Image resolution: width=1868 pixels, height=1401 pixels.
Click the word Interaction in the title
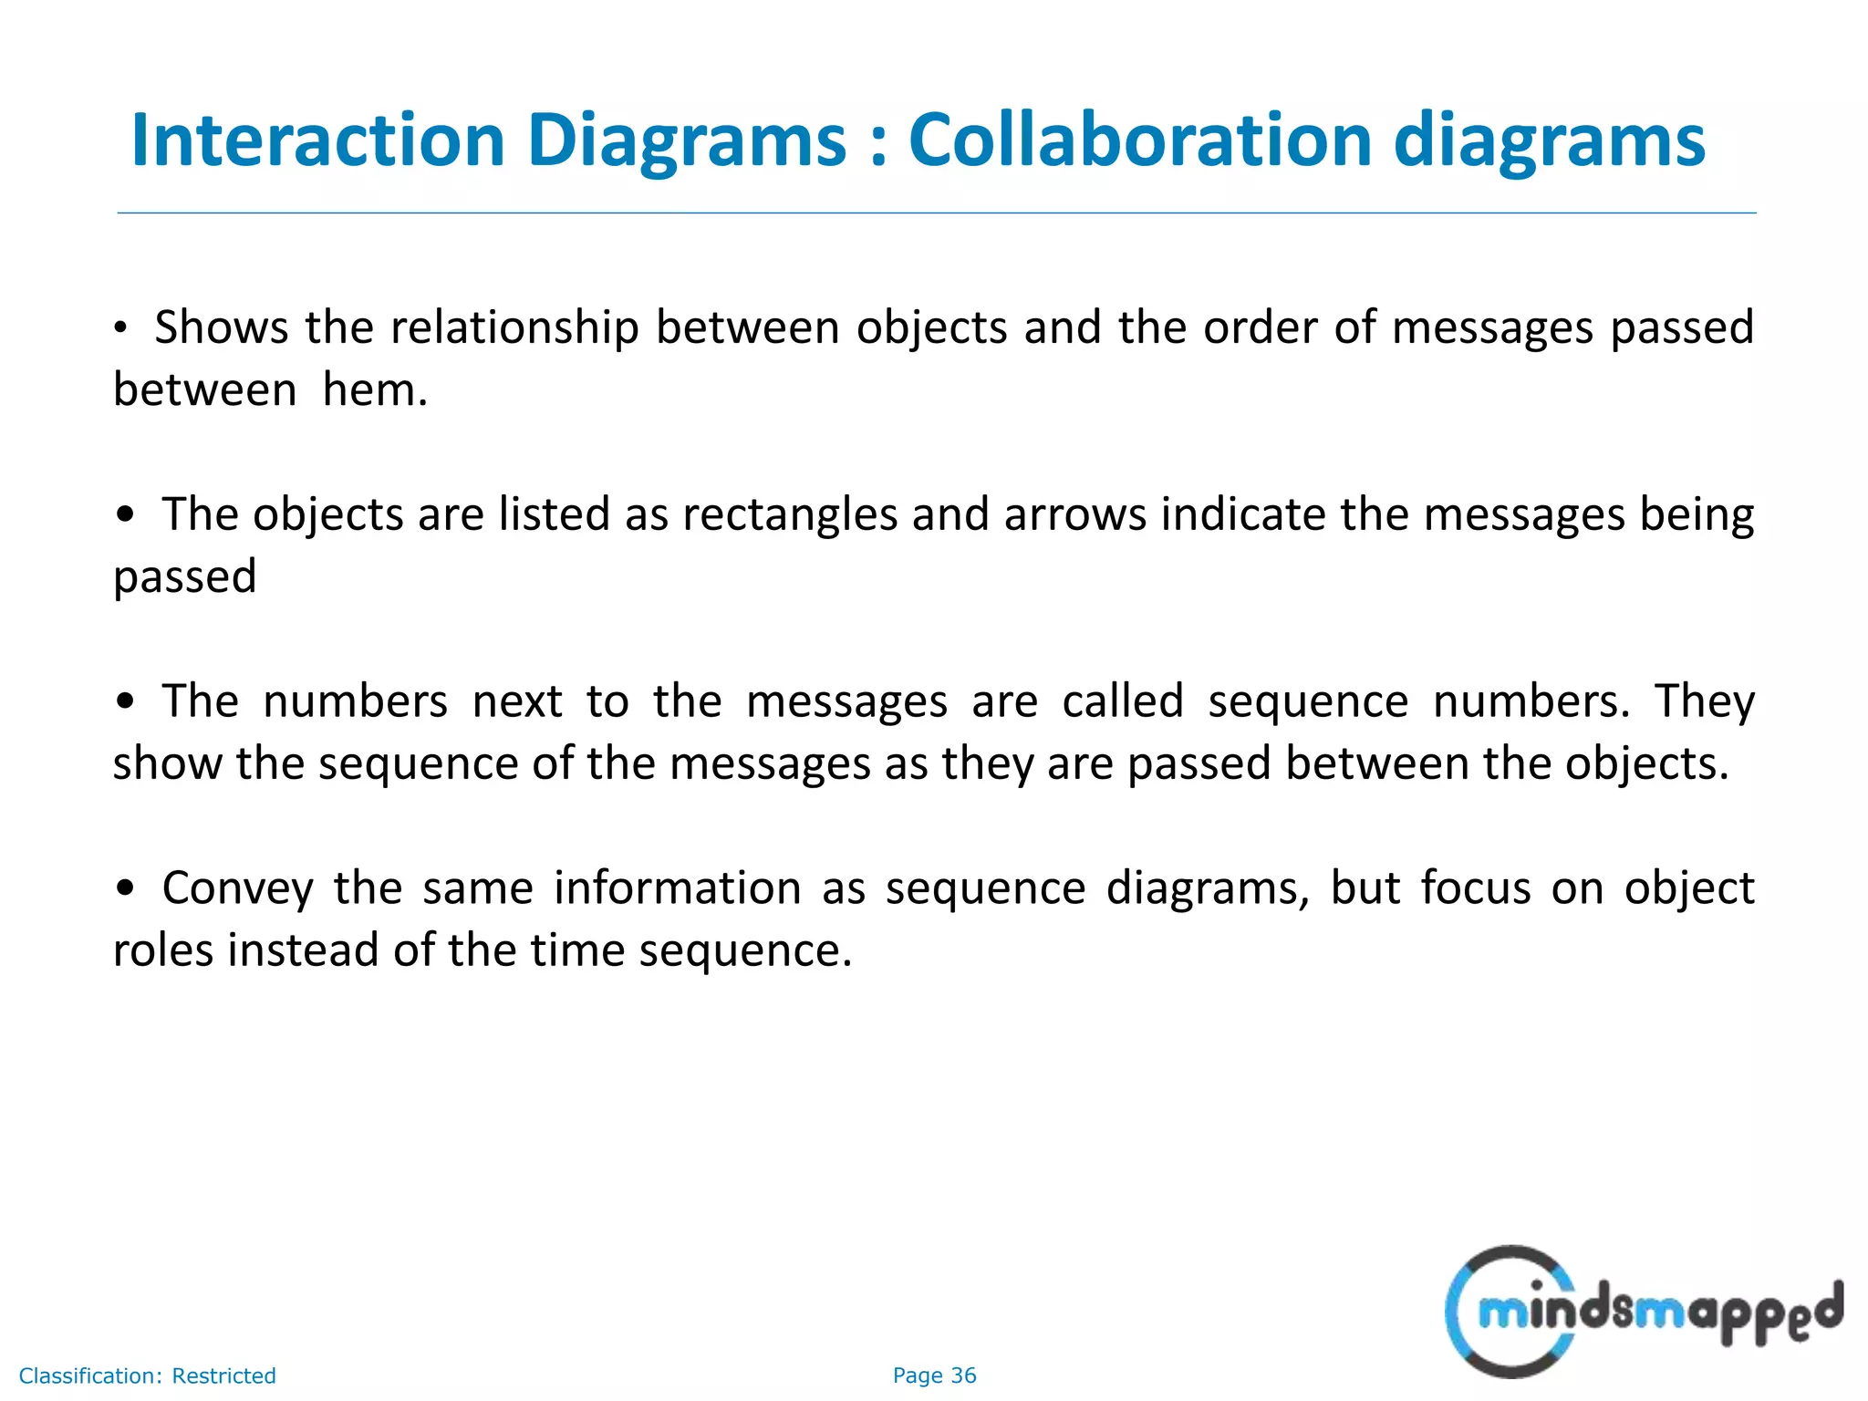pos(317,140)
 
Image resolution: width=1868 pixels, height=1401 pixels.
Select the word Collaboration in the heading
pos(1140,140)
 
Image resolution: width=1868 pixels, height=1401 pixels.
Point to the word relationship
pos(515,327)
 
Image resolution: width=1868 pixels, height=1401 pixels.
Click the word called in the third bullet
pos(1122,701)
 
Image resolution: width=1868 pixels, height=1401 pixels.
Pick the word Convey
pos(237,888)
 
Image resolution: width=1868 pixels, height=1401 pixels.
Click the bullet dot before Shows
pos(120,329)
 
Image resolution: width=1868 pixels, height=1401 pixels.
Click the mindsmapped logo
pos(1642,1312)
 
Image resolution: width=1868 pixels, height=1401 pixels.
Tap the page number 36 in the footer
pos(963,1375)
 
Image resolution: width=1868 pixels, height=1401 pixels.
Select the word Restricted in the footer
pos(223,1375)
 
